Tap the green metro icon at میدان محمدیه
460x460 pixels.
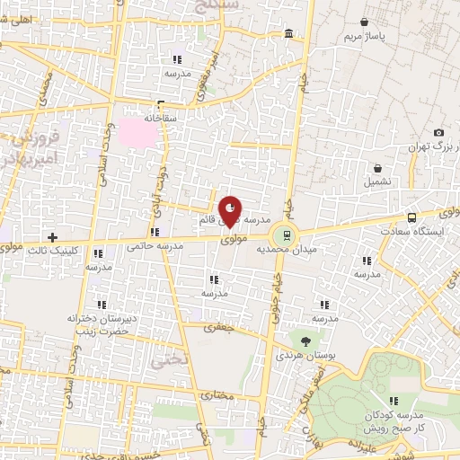[287, 235]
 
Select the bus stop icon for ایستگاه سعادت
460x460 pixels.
[411, 217]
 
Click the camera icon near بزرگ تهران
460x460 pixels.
[438, 132]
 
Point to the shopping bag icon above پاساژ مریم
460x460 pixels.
[364, 22]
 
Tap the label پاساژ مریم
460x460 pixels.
[364, 38]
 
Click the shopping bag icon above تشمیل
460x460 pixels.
[378, 167]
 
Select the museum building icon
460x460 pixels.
[287, 34]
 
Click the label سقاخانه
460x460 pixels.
[163, 117]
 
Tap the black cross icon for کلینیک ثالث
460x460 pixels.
[53, 238]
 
